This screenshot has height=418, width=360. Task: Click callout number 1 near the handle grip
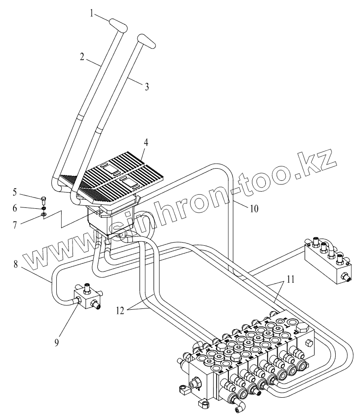tap(91, 13)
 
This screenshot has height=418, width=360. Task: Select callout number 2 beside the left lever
tap(82, 57)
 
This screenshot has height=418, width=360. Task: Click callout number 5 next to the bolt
tap(15, 193)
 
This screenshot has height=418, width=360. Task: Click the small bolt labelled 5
tap(43, 198)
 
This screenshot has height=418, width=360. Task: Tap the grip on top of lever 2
tap(117, 25)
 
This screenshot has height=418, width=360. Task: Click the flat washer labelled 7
tap(43, 214)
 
